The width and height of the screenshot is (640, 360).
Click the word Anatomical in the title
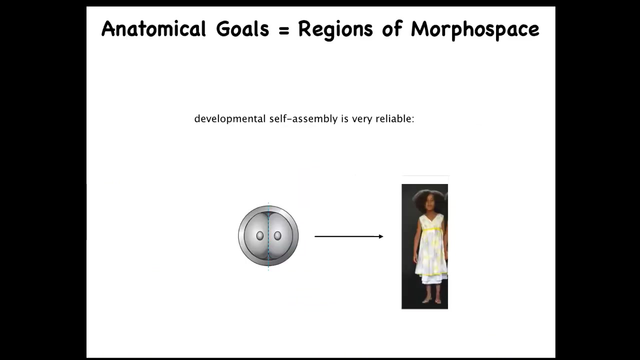153,29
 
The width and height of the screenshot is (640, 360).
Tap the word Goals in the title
242,29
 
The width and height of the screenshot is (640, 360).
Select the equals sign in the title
283,30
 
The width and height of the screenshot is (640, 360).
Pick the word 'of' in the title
392,28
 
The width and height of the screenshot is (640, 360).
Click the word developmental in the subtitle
230,119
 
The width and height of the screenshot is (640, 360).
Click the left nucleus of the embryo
259,235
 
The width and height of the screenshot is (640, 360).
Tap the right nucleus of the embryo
277,235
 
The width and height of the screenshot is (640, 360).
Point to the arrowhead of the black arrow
381,236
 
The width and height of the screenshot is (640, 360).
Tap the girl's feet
431,300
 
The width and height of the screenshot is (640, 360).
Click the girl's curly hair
428,197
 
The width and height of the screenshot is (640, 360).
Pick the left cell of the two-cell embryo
256,236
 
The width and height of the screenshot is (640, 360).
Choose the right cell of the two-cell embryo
281,236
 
